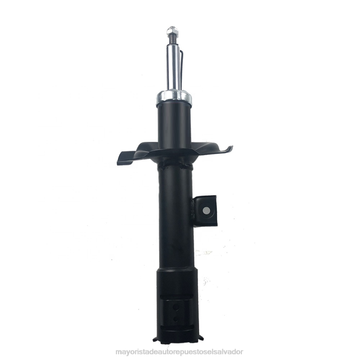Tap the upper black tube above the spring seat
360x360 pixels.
click(x=174, y=125)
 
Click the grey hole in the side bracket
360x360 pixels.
click(x=206, y=210)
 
